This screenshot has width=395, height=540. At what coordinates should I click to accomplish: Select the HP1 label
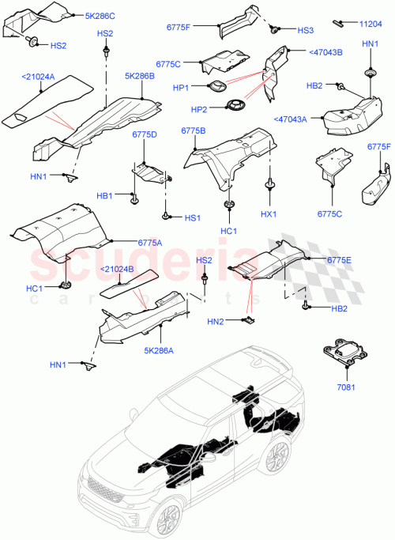[182, 88]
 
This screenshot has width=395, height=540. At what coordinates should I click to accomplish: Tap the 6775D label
[144, 134]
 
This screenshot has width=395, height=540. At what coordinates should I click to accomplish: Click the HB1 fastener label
[104, 196]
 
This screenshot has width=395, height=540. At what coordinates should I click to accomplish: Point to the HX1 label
[270, 213]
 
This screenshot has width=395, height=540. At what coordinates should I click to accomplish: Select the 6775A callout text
[149, 242]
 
